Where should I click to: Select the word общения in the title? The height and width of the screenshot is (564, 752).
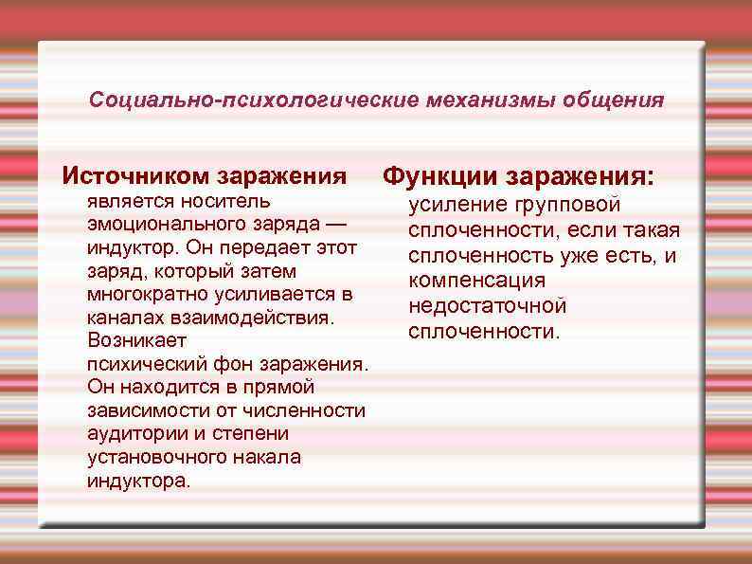[614, 100]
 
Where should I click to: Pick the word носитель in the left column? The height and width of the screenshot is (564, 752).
[233, 201]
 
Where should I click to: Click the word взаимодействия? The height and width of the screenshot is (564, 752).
[249, 317]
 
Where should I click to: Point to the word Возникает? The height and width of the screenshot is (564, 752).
[136, 340]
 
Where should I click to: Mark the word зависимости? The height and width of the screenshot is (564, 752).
[142, 409]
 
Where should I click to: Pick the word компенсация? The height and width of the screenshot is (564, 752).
[476, 281]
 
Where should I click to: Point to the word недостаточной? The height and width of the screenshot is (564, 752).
[488, 306]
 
